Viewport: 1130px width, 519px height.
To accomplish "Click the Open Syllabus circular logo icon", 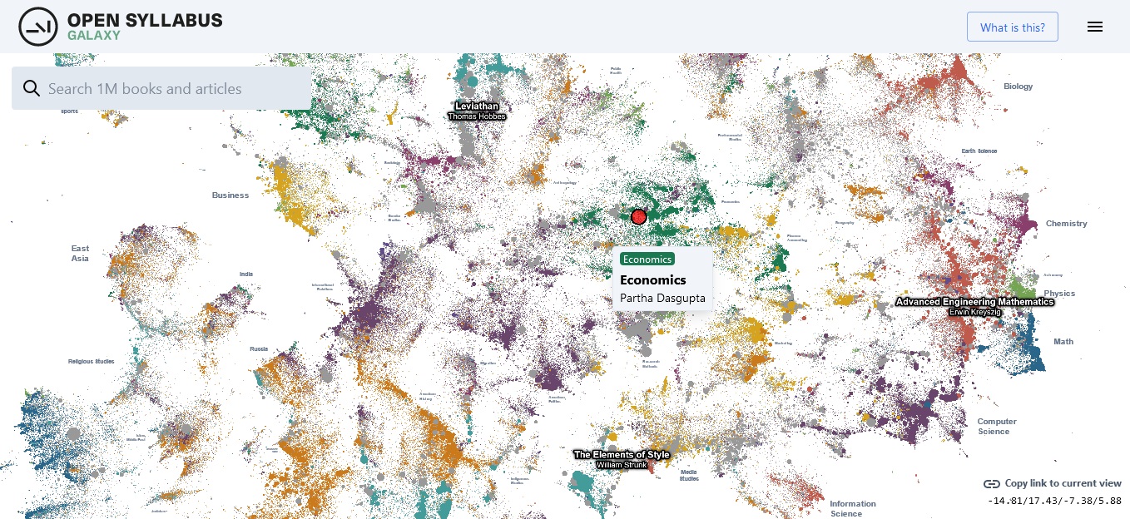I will (x=37, y=27).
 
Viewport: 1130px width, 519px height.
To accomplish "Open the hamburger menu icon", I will (x=1095, y=27).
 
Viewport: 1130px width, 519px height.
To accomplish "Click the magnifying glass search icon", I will (x=32, y=89).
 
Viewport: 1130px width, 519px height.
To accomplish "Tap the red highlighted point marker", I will (x=639, y=217).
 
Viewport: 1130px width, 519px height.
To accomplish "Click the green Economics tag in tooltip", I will (x=647, y=259).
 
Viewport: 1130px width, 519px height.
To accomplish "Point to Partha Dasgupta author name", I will (x=662, y=298).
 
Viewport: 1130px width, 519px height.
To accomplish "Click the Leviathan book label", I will (x=477, y=106).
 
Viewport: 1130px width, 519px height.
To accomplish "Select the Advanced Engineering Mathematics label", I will (x=974, y=302).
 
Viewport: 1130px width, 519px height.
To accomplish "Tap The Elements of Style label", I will (x=622, y=455).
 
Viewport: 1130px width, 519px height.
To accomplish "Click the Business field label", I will (x=230, y=195).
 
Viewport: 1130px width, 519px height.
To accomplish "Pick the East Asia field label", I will (x=80, y=254).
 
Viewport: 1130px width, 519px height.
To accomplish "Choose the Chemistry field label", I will (x=1066, y=224).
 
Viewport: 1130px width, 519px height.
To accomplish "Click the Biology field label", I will (x=1018, y=86).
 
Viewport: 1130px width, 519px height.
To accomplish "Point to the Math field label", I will (x=1063, y=342).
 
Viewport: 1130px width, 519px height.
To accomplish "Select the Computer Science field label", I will (x=997, y=427).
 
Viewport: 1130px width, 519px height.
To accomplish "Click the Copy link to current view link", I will (x=1063, y=483).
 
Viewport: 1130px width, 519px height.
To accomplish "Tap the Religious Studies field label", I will (x=92, y=362).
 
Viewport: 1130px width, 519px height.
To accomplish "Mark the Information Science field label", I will (x=852, y=508).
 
